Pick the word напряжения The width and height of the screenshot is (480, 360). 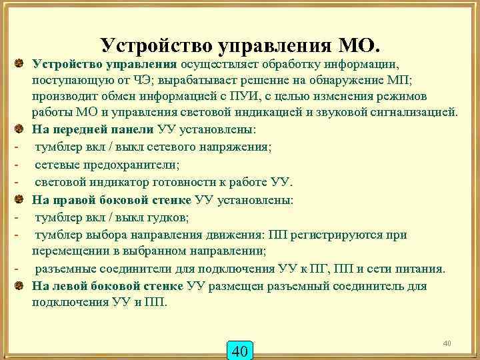(x=230, y=147)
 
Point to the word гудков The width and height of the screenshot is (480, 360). (x=166, y=217)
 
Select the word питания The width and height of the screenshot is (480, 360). (x=420, y=269)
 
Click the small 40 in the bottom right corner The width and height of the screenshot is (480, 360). (x=447, y=343)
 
